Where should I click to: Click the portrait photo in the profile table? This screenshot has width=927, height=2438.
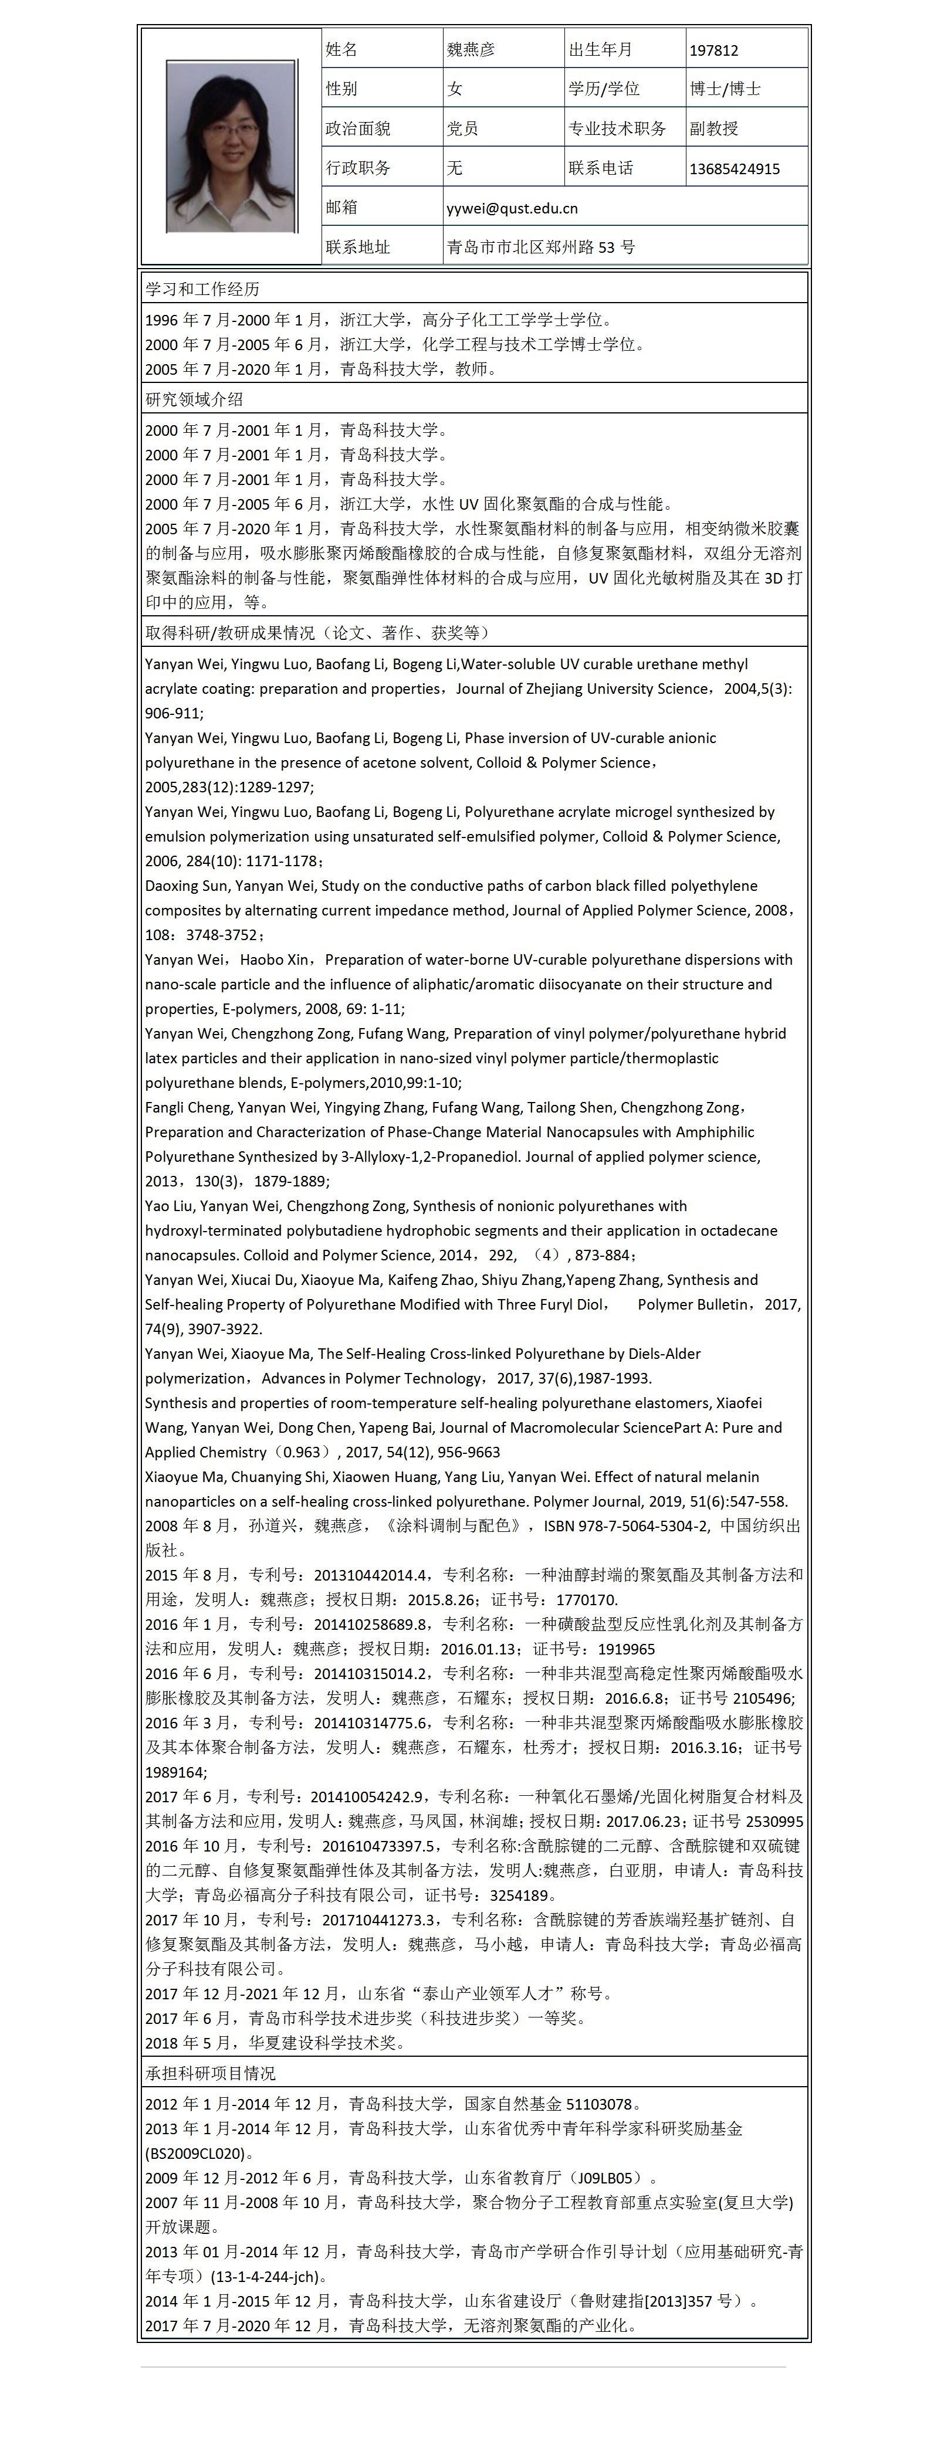click(x=231, y=147)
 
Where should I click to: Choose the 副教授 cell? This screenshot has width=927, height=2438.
click(x=714, y=128)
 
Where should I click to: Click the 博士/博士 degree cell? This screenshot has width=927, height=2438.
click(x=725, y=89)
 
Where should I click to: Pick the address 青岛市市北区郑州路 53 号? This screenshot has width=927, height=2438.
click(x=541, y=247)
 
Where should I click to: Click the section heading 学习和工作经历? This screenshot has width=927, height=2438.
click(x=202, y=289)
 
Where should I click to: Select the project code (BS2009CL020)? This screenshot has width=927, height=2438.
click(x=195, y=2153)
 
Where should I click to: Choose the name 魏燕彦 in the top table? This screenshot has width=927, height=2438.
click(x=471, y=49)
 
